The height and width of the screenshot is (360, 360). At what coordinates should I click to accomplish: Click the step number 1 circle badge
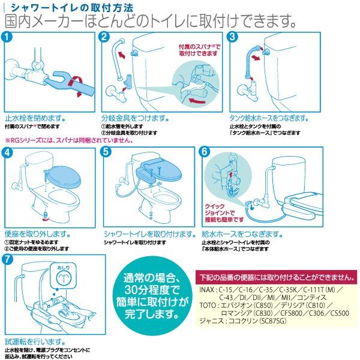[x=8, y=38]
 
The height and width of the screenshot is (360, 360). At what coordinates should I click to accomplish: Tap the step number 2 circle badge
[x=105, y=38]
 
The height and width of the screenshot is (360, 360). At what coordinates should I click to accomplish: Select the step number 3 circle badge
[x=234, y=38]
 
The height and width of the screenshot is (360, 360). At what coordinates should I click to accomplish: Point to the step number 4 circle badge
[x=8, y=152]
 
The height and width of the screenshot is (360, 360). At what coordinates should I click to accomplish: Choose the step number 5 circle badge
[x=105, y=152]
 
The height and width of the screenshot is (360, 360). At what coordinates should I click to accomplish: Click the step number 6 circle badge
[x=204, y=152]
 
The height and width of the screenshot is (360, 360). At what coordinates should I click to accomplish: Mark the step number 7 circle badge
[x=8, y=260]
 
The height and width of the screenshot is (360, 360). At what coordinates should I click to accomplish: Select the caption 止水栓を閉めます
[x=35, y=118]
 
